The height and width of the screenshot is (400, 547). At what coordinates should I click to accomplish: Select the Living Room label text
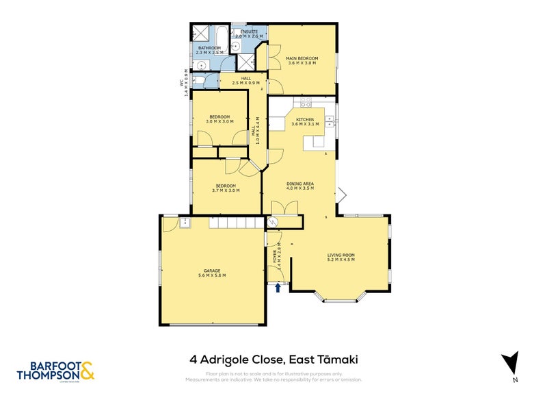(341, 255)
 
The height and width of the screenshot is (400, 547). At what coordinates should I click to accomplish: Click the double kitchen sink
(329, 121)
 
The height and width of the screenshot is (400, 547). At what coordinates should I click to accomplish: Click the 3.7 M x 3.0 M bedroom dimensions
(226, 190)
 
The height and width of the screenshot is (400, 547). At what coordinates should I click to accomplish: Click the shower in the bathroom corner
(200, 33)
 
